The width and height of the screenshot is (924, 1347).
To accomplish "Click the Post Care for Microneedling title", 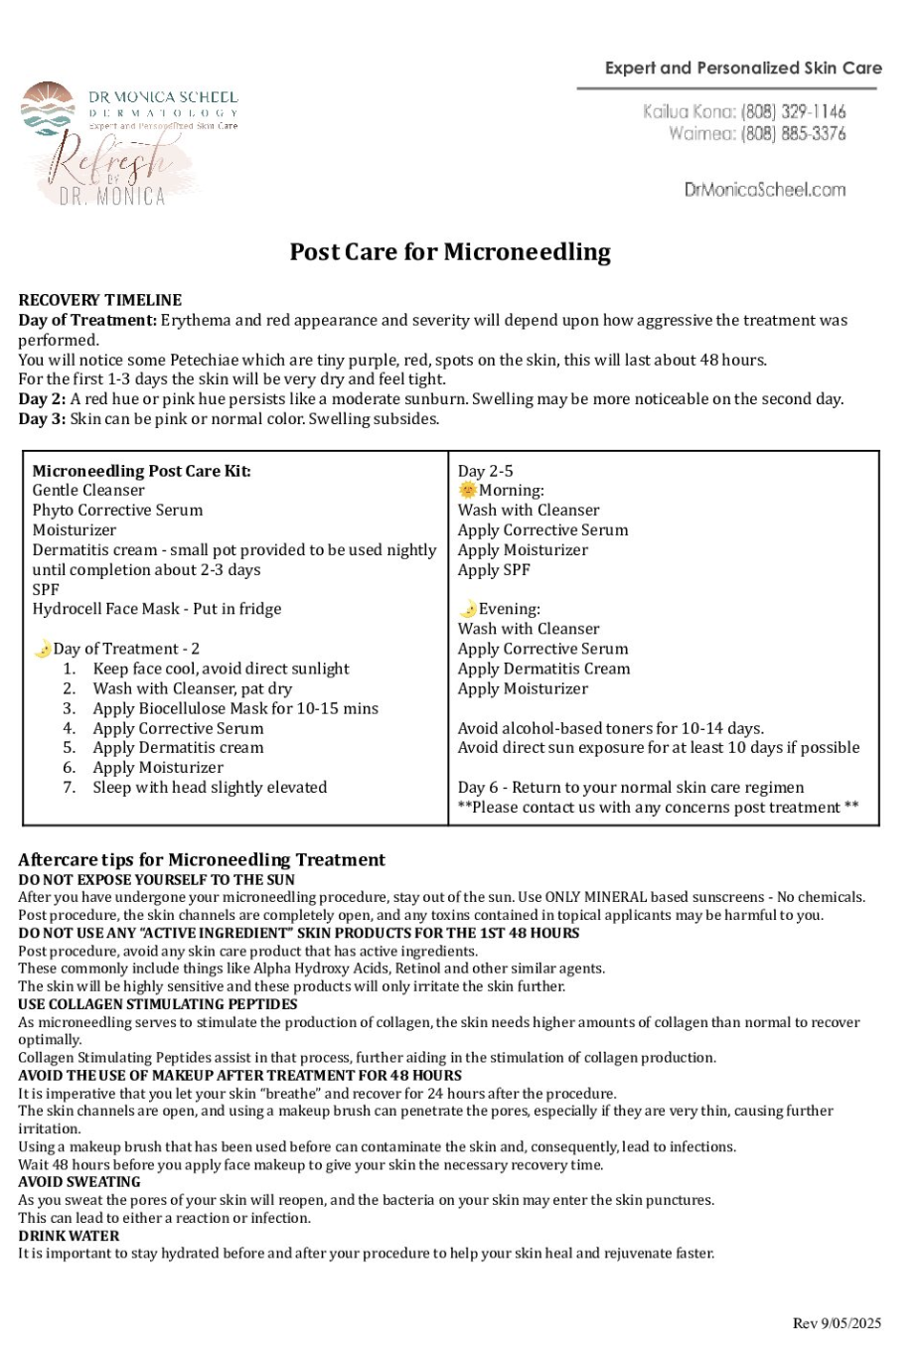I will click(450, 252).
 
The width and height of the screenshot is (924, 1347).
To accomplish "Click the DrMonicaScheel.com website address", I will click(765, 190).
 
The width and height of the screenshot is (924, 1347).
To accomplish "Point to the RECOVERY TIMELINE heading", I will click(100, 300).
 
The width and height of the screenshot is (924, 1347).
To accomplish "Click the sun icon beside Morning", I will click(468, 490).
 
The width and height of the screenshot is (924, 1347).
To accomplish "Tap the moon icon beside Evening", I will click(468, 609).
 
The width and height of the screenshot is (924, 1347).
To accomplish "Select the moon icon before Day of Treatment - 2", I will click(43, 649).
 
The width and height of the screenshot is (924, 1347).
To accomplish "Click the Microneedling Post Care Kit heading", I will click(141, 471).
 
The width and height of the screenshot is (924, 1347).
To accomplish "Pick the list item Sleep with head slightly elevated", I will click(210, 788).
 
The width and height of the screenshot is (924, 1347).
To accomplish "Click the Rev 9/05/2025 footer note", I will click(837, 1323).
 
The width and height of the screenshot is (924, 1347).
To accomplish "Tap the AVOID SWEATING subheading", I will click(79, 1182).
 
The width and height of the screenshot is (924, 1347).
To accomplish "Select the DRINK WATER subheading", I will click(69, 1236).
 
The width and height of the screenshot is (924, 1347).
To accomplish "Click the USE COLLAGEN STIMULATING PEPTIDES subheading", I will click(158, 1004).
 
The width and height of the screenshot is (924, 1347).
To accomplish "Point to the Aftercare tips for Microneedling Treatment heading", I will click(202, 859).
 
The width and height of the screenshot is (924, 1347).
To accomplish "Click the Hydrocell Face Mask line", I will click(157, 609).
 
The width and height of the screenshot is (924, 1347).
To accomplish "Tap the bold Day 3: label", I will click(42, 419).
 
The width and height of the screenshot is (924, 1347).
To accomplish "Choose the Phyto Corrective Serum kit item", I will click(117, 511).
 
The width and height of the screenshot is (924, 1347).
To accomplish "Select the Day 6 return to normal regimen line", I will click(631, 788).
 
